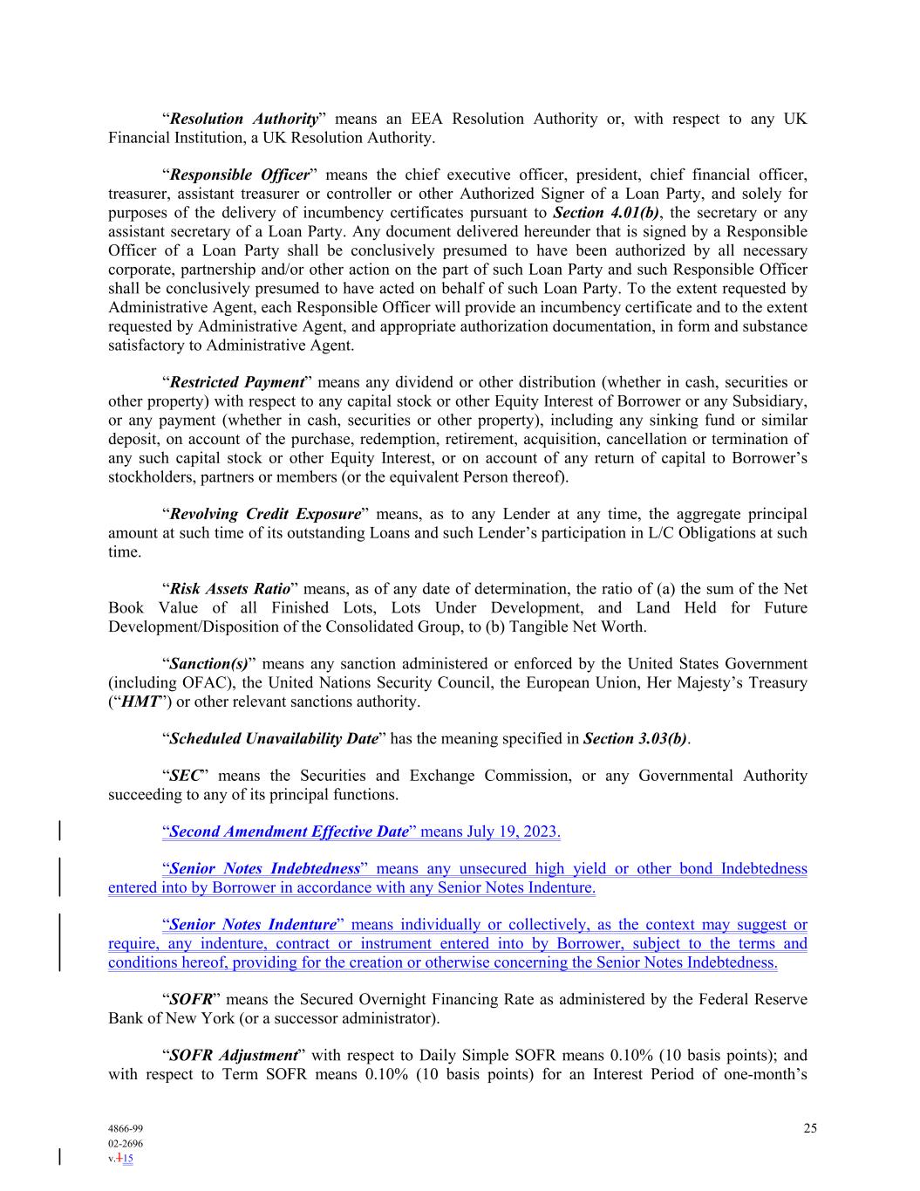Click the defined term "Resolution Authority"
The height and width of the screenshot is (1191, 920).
243,119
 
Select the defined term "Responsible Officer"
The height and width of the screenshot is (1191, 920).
239,175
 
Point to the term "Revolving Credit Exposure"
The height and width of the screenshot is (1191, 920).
264,514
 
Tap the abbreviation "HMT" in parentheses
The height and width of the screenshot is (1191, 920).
140,702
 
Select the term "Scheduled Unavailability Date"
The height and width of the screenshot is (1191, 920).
274,739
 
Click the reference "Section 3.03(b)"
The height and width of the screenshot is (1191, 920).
635,739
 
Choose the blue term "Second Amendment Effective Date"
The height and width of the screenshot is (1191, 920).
289,832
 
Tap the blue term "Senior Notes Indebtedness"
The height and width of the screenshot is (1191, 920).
264,869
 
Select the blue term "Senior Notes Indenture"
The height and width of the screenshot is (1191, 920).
253,925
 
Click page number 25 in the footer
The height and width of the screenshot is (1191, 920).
810,1128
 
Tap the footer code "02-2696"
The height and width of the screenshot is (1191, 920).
126,1143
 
